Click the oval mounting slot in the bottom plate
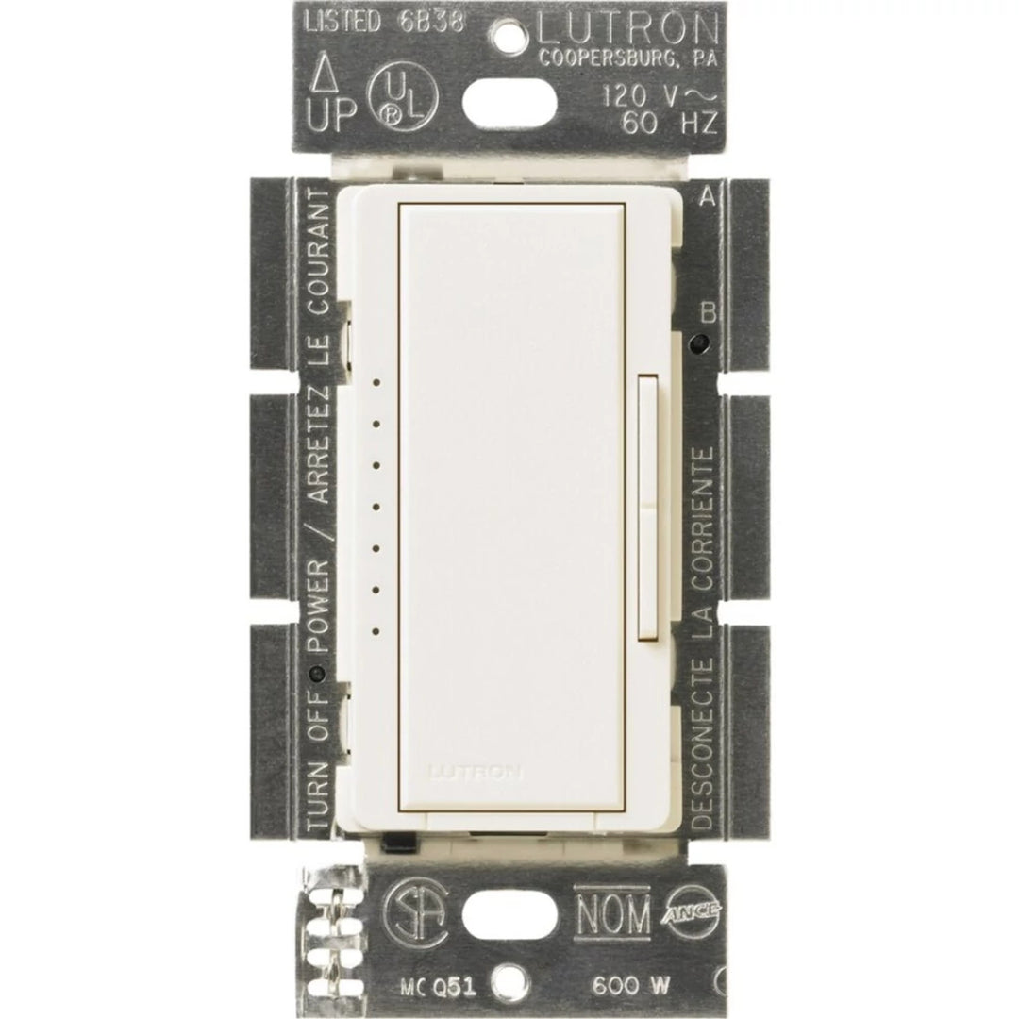click(x=510, y=914)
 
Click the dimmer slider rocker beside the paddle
click(x=648, y=505)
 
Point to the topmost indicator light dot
click(x=376, y=383)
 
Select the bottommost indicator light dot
click(x=376, y=629)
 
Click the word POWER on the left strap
click(x=319, y=604)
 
